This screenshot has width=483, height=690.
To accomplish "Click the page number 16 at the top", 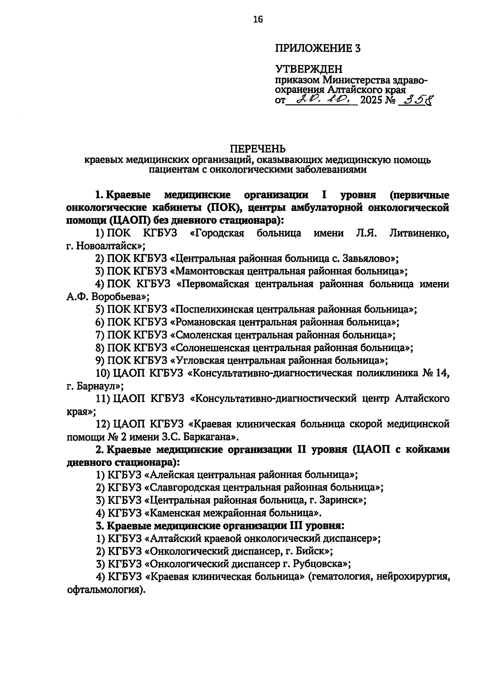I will click(258, 19).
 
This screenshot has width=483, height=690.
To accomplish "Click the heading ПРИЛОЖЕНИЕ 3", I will click(318, 49).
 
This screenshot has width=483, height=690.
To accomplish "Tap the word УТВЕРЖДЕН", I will click(309, 70).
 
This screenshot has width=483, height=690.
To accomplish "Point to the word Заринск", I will click(344, 501).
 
